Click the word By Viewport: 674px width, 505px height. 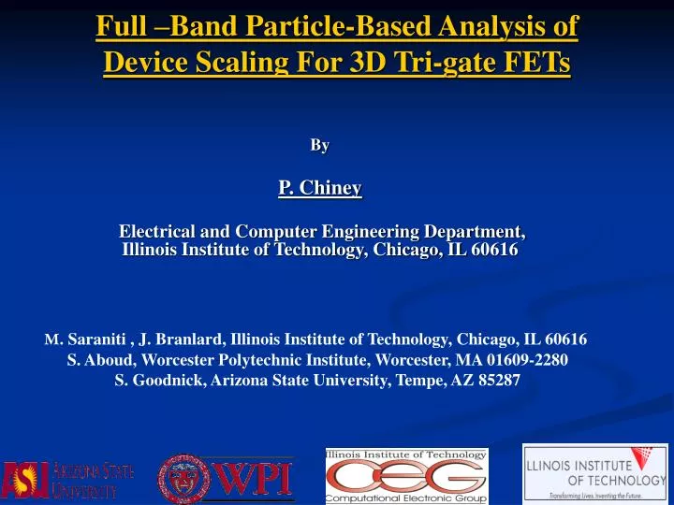point(319,145)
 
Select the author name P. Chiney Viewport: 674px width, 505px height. point(319,188)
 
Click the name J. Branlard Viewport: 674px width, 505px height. point(185,339)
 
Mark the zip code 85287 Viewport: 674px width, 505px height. point(498,381)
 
